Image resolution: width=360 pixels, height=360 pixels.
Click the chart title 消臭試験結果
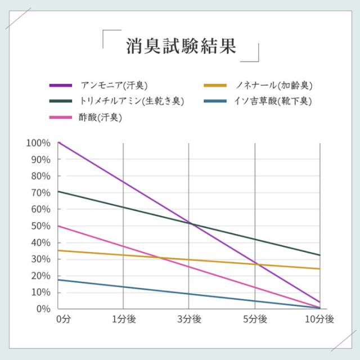tap(180, 46)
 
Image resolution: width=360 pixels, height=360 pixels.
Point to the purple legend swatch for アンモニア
tap(61, 85)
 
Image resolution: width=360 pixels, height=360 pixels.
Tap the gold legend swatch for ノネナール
tap(214, 85)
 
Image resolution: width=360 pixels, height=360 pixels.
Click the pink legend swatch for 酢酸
tap(61, 117)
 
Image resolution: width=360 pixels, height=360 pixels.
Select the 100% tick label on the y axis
tap(38, 143)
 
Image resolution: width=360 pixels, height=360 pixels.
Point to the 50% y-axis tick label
tap(40, 226)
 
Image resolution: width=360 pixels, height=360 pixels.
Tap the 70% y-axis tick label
tap(40, 193)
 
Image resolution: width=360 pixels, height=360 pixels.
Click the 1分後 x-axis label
tap(124, 319)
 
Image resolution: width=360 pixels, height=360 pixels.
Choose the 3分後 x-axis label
tap(189, 319)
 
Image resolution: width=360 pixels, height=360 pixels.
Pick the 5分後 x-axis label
tap(255, 319)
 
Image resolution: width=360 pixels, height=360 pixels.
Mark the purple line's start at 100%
tap(58, 142)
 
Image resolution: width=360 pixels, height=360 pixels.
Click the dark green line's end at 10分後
tap(319, 255)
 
